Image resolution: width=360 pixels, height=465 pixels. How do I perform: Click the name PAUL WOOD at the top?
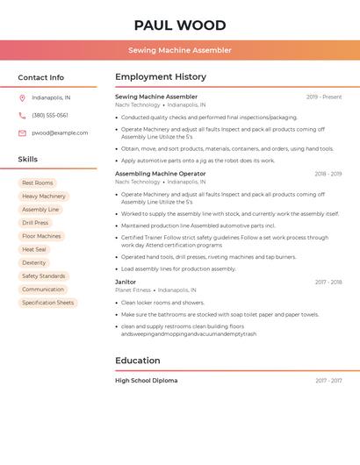(180, 25)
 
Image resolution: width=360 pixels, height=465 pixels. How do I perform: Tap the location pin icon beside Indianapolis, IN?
(22, 97)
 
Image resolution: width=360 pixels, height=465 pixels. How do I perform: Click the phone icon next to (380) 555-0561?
(22, 115)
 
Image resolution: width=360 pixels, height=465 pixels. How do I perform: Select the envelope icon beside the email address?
(22, 133)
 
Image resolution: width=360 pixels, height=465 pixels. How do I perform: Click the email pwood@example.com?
(60, 133)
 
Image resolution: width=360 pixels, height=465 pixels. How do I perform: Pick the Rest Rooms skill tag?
(38, 182)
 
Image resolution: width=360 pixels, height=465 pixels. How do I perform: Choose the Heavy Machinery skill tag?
(44, 197)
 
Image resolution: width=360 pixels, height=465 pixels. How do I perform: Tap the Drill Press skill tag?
(35, 223)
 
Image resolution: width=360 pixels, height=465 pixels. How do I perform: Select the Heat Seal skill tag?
(34, 249)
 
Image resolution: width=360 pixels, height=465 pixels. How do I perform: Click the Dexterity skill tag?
(34, 262)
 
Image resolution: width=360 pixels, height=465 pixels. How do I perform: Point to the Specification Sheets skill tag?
(48, 303)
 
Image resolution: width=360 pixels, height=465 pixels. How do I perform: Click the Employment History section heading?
(161, 77)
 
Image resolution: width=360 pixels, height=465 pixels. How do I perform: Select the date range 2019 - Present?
(324, 97)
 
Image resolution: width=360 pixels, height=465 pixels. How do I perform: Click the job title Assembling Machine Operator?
(160, 174)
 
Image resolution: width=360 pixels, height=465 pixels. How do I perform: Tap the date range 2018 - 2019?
(328, 174)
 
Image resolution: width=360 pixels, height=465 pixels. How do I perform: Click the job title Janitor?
(126, 283)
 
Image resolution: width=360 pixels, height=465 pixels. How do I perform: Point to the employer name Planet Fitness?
(133, 290)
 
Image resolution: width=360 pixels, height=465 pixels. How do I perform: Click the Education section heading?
(138, 361)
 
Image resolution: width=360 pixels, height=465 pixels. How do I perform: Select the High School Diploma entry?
(146, 381)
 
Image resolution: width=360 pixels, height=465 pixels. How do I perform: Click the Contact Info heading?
(41, 77)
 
